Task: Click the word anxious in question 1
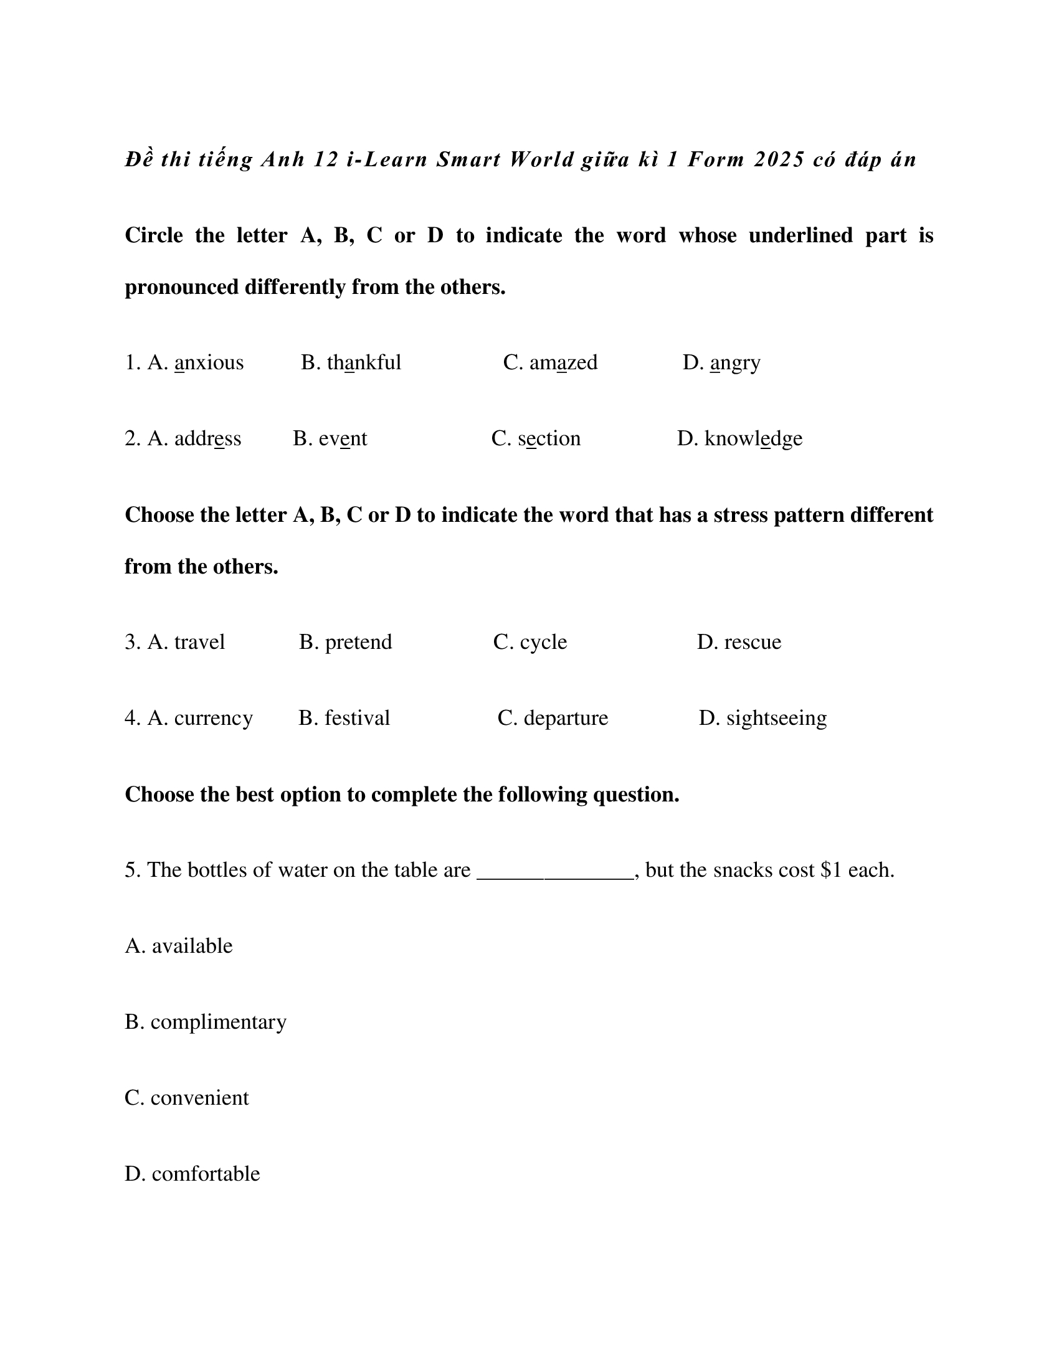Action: pyautogui.click(x=208, y=362)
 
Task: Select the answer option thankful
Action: pyautogui.click(x=364, y=362)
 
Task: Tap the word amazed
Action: pyautogui.click(x=563, y=362)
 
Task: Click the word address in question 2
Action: pyautogui.click(x=207, y=438)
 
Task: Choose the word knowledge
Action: pyautogui.click(x=753, y=438)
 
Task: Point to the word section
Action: pyautogui.click(x=549, y=438)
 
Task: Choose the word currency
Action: pyautogui.click(x=213, y=718)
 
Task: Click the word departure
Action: pyautogui.click(x=566, y=718)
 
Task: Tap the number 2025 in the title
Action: pyautogui.click(x=779, y=160)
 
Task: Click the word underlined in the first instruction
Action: pyautogui.click(x=800, y=235)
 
